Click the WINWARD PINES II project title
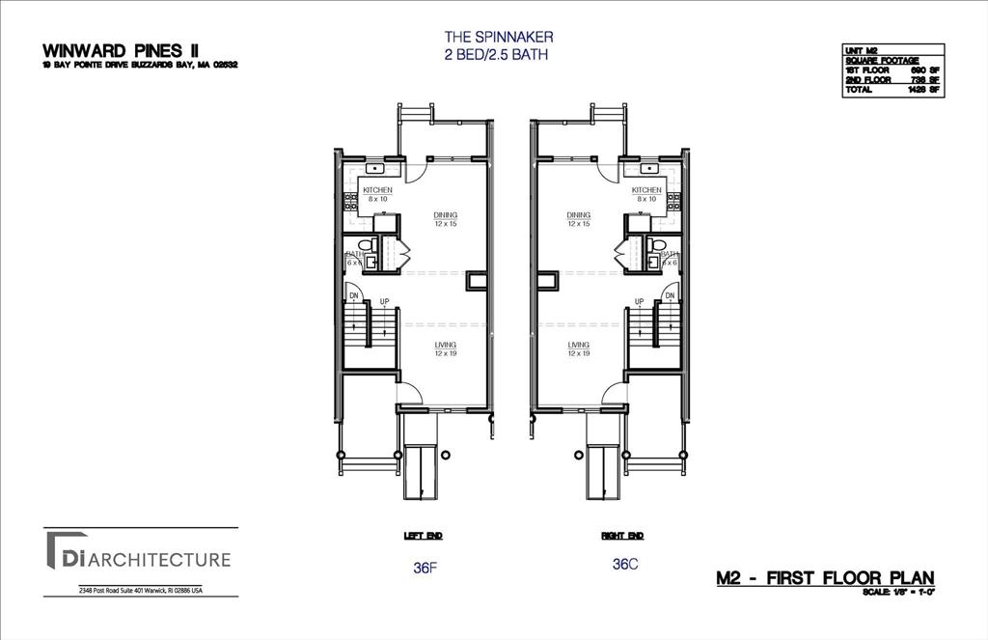coord(121,50)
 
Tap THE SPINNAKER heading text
coord(498,38)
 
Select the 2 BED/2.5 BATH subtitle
coord(498,55)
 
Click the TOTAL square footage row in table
coord(892,90)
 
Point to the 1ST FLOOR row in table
coord(892,71)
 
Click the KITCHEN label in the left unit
coord(377,191)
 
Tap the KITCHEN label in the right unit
coord(646,191)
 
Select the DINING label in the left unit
coord(445,215)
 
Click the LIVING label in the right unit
coord(579,345)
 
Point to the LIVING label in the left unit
coord(445,345)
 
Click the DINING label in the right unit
coord(579,215)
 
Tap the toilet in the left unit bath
coord(363,244)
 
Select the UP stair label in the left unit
coord(384,302)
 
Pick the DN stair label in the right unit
coord(670,296)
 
